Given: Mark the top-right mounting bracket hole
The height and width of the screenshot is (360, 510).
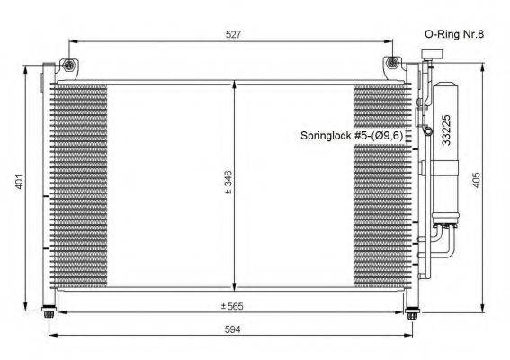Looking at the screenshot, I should pyautogui.click(x=392, y=65).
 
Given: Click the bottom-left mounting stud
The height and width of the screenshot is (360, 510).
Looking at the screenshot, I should pyautogui.click(x=50, y=313).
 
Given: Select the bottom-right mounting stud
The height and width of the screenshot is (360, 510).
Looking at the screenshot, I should pyautogui.click(x=412, y=313).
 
